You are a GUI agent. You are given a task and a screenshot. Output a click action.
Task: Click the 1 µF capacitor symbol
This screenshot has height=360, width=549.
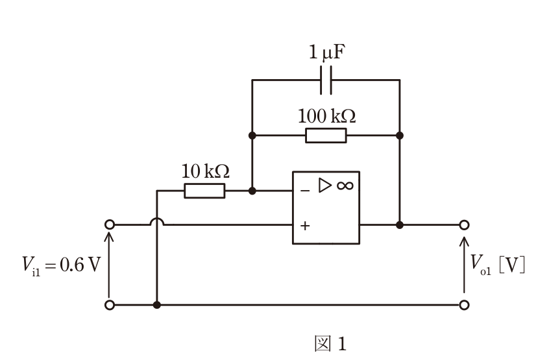pyautogui.click(x=326, y=80)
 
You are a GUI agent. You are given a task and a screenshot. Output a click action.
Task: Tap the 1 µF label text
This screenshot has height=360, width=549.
pyautogui.click(x=327, y=52)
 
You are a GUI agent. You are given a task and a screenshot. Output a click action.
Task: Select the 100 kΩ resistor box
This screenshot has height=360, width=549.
pyautogui.click(x=326, y=136)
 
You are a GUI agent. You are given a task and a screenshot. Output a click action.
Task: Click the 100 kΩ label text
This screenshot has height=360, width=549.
pyautogui.click(x=326, y=116)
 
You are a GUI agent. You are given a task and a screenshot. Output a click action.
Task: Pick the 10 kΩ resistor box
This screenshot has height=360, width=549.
pyautogui.click(x=205, y=191)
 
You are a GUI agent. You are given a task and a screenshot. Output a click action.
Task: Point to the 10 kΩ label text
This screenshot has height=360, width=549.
pyautogui.click(x=206, y=171)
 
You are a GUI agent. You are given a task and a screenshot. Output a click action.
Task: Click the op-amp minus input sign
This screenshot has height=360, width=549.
pyautogui.click(x=305, y=191)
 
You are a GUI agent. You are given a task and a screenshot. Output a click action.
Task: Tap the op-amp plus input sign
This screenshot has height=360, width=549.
pyautogui.click(x=305, y=226)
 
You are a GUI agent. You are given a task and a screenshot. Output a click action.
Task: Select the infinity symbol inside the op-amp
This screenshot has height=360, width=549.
pyautogui.click(x=345, y=186)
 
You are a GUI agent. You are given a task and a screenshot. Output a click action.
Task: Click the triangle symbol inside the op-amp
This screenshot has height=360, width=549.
pyautogui.click(x=324, y=185)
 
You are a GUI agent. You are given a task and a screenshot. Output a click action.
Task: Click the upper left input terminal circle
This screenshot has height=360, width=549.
pyautogui.click(x=110, y=224)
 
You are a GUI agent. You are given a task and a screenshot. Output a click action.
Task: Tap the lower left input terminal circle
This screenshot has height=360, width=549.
pyautogui.click(x=110, y=305)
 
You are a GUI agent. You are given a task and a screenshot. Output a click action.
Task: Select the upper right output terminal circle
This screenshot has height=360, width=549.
pyautogui.click(x=464, y=224)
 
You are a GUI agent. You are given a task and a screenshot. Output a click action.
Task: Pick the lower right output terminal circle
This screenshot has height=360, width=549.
pyautogui.click(x=464, y=305)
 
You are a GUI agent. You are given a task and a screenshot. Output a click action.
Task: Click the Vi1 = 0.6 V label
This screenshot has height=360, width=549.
pyautogui.click(x=61, y=265)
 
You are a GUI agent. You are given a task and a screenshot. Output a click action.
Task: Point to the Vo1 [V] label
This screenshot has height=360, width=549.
pyautogui.click(x=498, y=264)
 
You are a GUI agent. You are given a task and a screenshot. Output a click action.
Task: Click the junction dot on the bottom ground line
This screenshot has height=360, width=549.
pyautogui.click(x=157, y=305)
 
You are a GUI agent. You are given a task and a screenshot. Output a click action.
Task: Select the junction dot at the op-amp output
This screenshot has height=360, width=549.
pyautogui.click(x=400, y=224)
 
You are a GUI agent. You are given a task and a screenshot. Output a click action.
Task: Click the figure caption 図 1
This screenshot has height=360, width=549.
pyautogui.click(x=330, y=344)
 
